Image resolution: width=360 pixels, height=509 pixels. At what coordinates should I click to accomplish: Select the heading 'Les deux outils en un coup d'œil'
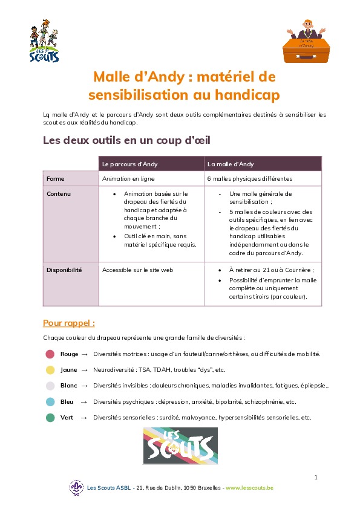pos(126,140)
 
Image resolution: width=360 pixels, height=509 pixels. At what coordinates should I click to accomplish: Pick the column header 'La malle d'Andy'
pos(231,164)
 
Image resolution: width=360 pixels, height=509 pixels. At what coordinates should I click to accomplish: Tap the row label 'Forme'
pos(56,179)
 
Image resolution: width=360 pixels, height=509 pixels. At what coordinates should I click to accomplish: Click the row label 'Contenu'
pos(59,194)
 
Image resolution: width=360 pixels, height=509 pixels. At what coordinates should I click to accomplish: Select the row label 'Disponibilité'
pos(64,270)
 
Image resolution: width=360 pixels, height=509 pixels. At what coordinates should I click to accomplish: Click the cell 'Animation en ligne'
pos(128,179)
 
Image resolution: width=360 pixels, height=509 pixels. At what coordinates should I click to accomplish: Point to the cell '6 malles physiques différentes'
pos(249,179)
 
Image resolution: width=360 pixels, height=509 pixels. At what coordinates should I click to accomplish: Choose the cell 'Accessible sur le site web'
pos(137,270)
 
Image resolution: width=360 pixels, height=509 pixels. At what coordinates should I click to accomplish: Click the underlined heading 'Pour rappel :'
pos(69,322)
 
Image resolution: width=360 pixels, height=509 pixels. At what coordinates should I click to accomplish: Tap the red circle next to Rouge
pos(50,354)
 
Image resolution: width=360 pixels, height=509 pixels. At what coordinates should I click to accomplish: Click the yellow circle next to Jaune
pos(50,369)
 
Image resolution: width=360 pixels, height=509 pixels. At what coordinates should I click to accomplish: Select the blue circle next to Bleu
pos(50,401)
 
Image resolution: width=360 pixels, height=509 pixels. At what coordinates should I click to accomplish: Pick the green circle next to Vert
pos(50,417)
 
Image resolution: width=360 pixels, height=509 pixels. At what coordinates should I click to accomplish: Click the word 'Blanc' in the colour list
pos(69,385)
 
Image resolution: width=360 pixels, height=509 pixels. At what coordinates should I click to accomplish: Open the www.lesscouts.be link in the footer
pos(249,487)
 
